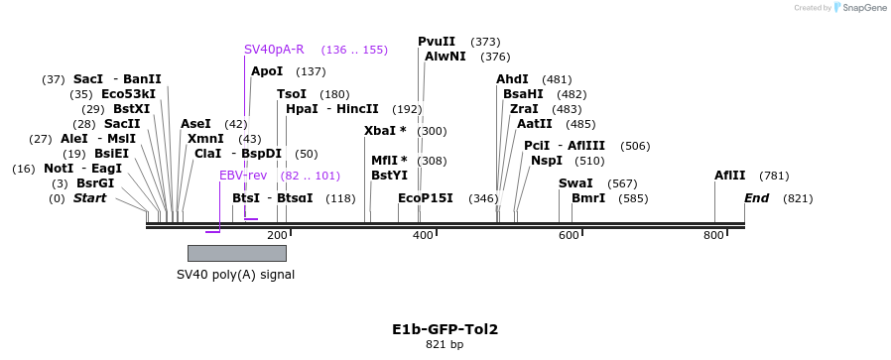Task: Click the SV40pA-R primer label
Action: coord(274,50)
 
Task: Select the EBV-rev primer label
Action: coord(243,176)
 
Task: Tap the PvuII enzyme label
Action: coord(437,42)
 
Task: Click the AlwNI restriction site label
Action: coord(445,57)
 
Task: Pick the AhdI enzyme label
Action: coord(512,79)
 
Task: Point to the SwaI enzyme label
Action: coord(575,183)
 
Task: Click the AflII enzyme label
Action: coord(730,176)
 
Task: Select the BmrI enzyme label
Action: coord(588,198)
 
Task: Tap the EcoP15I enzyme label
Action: coord(426,198)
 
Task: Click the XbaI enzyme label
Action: coord(385,131)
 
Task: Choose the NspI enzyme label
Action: coord(547,161)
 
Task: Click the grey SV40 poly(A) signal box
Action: coord(237,253)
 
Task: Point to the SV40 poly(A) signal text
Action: coord(235,275)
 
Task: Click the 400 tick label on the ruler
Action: coord(424,235)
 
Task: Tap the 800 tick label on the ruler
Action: coord(714,235)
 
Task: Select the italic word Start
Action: coord(89,198)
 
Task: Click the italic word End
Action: coord(757,198)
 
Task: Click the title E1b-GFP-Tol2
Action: coord(445,329)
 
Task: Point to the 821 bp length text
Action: coord(445,345)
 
